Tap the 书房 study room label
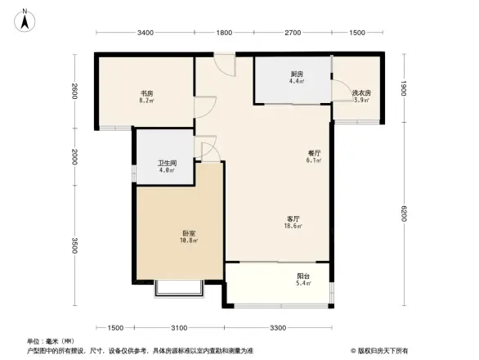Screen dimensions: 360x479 145,93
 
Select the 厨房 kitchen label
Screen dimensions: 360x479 297,74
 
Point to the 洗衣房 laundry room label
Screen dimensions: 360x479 361,93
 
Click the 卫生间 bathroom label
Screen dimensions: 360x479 166,164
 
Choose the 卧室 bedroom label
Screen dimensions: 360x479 189,234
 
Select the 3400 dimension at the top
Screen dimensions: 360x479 145,34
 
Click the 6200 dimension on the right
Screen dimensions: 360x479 403,217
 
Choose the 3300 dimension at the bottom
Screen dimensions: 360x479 278,327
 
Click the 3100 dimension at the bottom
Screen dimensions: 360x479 179,327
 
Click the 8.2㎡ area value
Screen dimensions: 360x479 145,101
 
